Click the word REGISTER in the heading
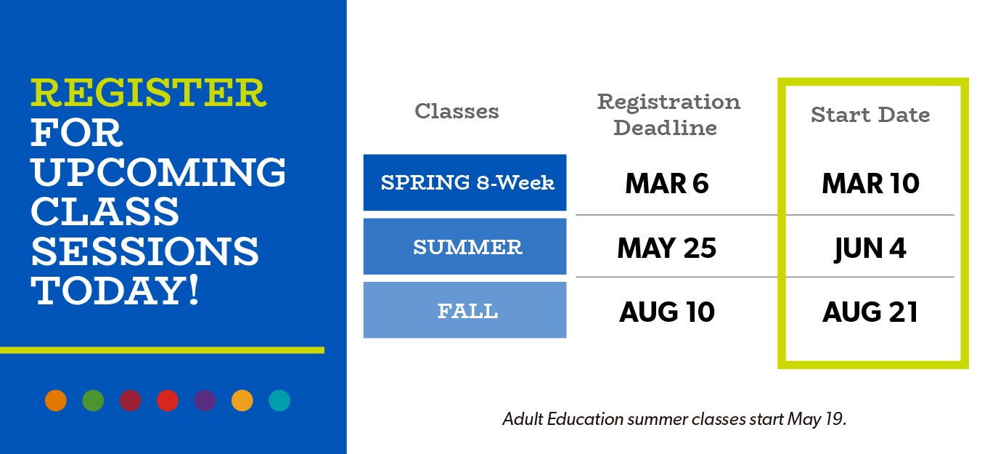pyautogui.click(x=148, y=93)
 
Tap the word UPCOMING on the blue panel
pyautogui.click(x=158, y=172)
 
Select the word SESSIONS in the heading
pyautogui.click(x=144, y=251)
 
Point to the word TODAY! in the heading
pyautogui.click(x=115, y=291)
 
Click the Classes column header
pyautogui.click(x=457, y=111)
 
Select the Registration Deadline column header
pyautogui.click(x=668, y=115)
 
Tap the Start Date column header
pyautogui.click(x=870, y=115)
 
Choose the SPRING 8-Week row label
pyautogui.click(x=465, y=182)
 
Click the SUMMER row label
pyautogui.click(x=465, y=246)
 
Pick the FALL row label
pyautogui.click(x=465, y=310)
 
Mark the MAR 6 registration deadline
pyautogui.click(x=667, y=183)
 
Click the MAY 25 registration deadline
pyautogui.click(x=667, y=248)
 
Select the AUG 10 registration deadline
pyautogui.click(x=667, y=312)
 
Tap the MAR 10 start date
pyautogui.click(x=870, y=183)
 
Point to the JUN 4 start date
pyautogui.click(x=870, y=249)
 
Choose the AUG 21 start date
pyautogui.click(x=870, y=312)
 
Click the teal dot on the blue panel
pyautogui.click(x=279, y=400)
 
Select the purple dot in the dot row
pyautogui.click(x=205, y=400)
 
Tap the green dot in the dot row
pyautogui.click(x=93, y=400)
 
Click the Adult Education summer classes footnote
pyautogui.click(x=674, y=419)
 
